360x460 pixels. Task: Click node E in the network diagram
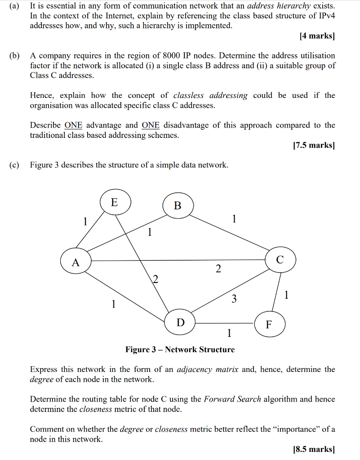pyautogui.click(x=115, y=202)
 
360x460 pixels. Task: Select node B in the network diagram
pyautogui.click(x=178, y=206)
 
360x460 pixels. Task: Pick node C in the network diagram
pyautogui.click(x=280, y=260)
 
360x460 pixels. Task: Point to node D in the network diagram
pyautogui.click(x=180, y=322)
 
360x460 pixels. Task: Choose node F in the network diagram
pyautogui.click(x=269, y=324)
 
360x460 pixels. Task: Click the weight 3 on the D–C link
pyautogui.click(x=234, y=299)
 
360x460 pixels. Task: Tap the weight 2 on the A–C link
pyautogui.click(x=218, y=269)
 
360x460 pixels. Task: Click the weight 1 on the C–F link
pyautogui.click(x=287, y=295)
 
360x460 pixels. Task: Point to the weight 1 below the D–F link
pyautogui.click(x=229, y=333)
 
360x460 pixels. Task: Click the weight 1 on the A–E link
pyautogui.click(x=84, y=221)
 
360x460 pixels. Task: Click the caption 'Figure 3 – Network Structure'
pyautogui.click(x=180, y=349)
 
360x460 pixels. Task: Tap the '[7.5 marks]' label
pyautogui.click(x=313, y=146)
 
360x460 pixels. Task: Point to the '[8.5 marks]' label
pyautogui.click(x=313, y=449)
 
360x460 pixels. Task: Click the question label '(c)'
pyautogui.click(x=14, y=165)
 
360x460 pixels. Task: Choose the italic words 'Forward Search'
pyautogui.click(x=232, y=399)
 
